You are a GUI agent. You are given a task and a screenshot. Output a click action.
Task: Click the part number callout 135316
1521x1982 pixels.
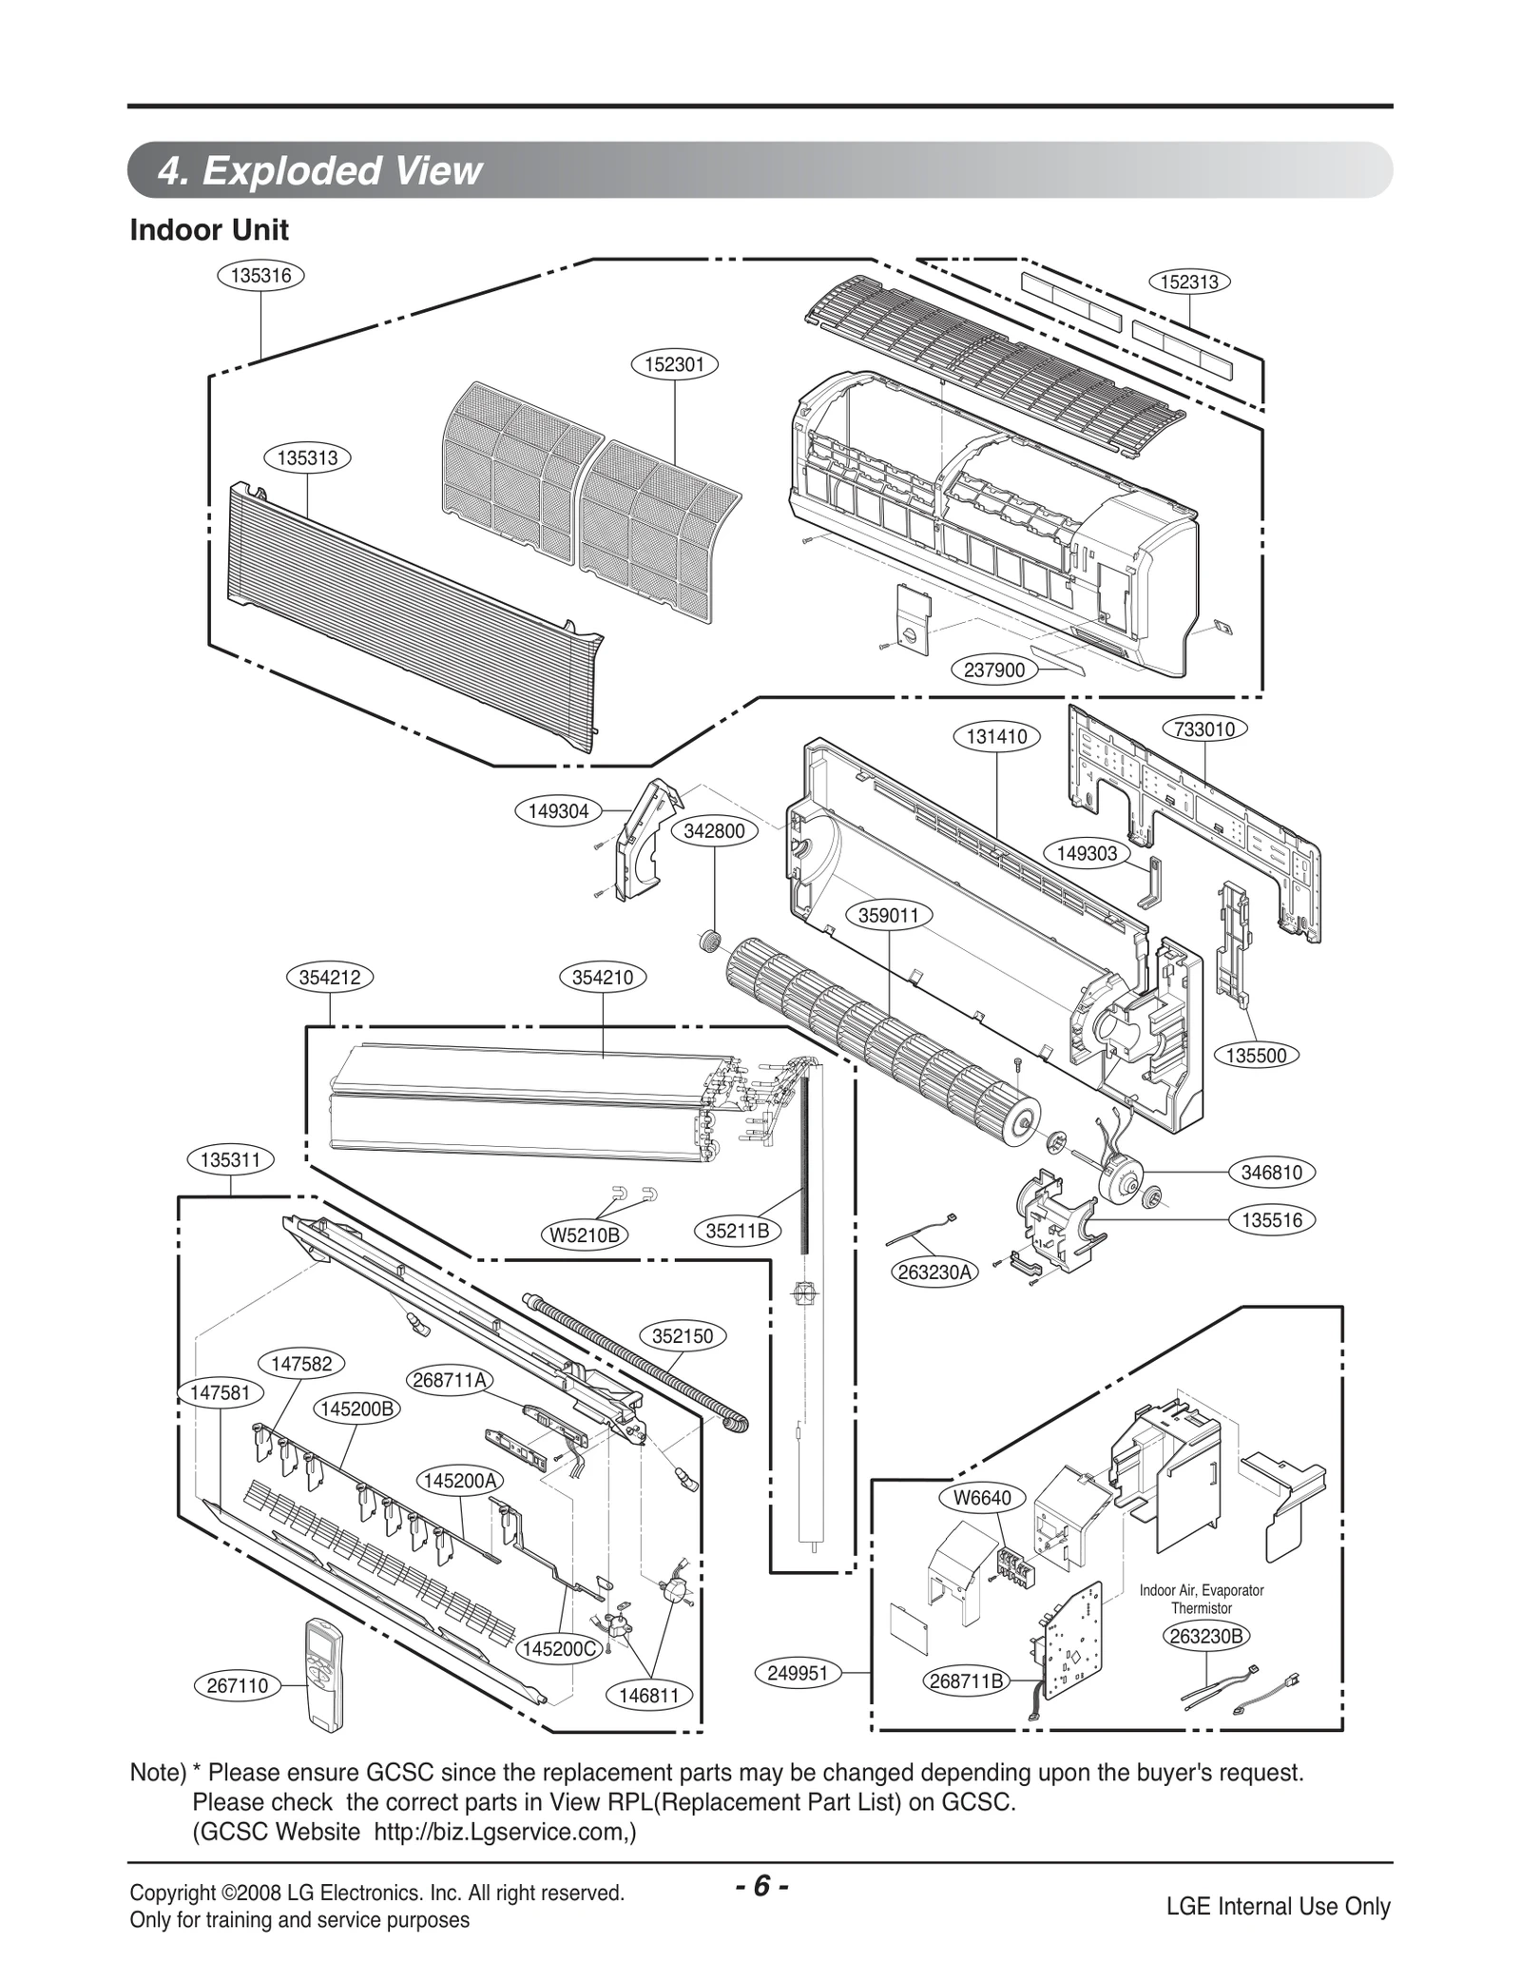[260, 276]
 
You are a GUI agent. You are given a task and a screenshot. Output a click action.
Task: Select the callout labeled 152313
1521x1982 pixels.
[1189, 282]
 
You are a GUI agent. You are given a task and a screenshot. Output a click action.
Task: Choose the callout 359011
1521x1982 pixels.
[889, 916]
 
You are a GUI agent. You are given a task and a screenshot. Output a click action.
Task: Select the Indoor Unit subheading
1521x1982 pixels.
[209, 230]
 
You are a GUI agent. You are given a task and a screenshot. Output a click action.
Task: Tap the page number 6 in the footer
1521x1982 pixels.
[761, 1886]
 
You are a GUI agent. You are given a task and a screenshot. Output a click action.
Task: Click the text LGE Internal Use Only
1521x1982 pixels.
[1278, 1906]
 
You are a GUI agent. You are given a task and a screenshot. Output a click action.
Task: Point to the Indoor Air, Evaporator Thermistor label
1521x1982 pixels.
[1202, 1599]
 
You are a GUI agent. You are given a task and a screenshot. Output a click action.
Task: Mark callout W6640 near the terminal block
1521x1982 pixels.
[982, 1498]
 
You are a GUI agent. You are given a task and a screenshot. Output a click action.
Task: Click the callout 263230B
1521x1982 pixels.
[1206, 1635]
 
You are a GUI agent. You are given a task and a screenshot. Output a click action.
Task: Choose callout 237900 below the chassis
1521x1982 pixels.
[993, 670]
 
